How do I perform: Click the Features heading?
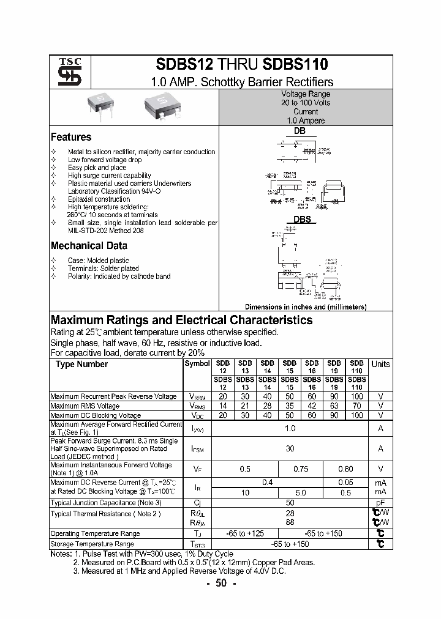(x=71, y=137)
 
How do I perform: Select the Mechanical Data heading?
(x=89, y=246)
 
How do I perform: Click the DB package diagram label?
(x=299, y=131)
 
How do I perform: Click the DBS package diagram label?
(x=302, y=219)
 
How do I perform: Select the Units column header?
(x=380, y=364)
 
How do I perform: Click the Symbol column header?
(x=197, y=363)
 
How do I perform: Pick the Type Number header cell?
(x=81, y=364)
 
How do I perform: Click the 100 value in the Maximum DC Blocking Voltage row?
(x=356, y=415)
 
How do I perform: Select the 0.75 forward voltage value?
(x=301, y=469)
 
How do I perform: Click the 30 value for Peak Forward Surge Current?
(x=290, y=448)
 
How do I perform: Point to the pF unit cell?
(x=380, y=503)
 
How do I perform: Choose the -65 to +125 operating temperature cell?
(x=245, y=533)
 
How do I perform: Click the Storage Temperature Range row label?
(x=92, y=544)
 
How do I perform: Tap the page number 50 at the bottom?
(x=221, y=584)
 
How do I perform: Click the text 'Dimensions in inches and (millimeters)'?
(x=305, y=307)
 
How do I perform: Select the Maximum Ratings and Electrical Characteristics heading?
(x=181, y=320)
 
